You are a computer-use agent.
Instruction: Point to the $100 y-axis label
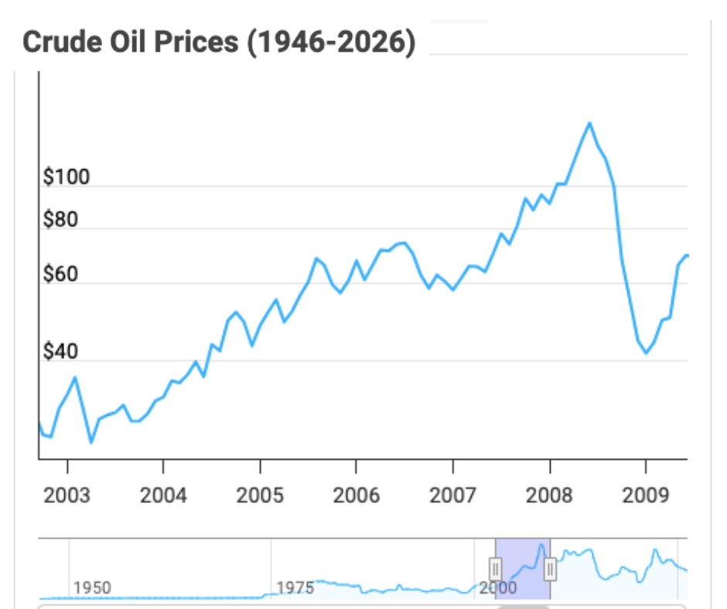pyautogui.click(x=67, y=177)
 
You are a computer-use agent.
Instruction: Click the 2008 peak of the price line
pyautogui.click(x=589, y=123)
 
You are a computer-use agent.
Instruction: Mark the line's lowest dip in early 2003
pyautogui.click(x=91, y=442)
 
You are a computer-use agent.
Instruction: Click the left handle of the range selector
pyautogui.click(x=496, y=570)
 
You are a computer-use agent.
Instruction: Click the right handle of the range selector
pyautogui.click(x=550, y=570)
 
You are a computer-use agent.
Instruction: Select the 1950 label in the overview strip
pyautogui.click(x=92, y=587)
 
